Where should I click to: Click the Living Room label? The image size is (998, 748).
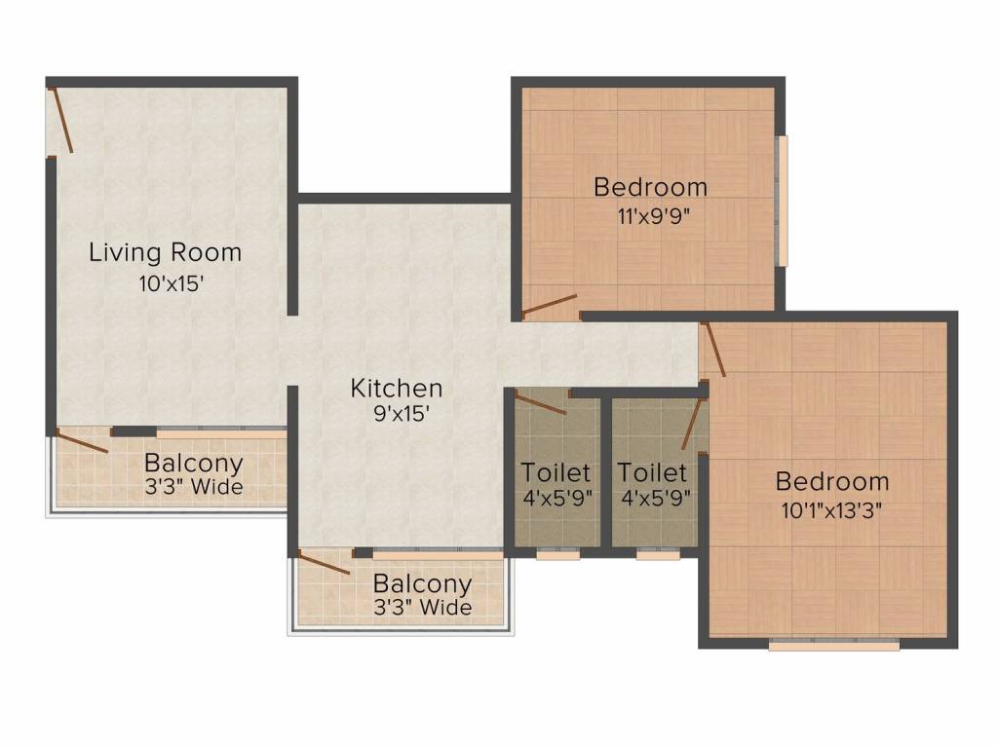click(166, 252)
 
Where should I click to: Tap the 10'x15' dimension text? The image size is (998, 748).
click(172, 283)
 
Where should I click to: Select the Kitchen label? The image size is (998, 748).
click(397, 388)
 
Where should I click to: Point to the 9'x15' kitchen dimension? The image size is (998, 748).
click(402, 414)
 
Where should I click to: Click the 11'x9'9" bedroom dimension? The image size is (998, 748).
click(654, 216)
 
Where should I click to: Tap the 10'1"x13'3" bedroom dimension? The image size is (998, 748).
click(831, 510)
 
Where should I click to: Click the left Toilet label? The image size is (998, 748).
click(556, 472)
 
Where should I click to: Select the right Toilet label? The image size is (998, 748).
click(652, 472)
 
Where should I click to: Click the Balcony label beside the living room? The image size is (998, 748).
click(194, 464)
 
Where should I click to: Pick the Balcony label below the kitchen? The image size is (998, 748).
click(422, 584)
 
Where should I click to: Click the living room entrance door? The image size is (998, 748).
click(61, 120)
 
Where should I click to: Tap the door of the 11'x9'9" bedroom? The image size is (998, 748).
click(550, 305)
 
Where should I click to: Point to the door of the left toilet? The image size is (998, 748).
click(540, 404)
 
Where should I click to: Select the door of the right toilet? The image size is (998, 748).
click(693, 424)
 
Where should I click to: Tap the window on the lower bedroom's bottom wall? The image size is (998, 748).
click(834, 646)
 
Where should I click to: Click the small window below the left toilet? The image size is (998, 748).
click(558, 555)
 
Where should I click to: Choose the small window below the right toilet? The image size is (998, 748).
click(658, 555)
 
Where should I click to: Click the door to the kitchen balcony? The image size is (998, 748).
click(324, 564)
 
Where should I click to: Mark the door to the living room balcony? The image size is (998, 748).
click(82, 441)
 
